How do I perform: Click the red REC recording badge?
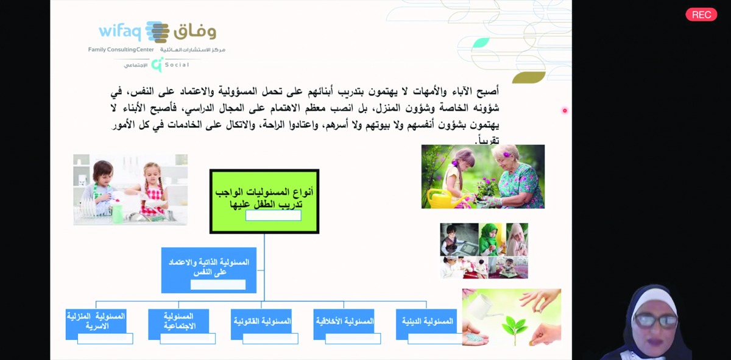(701, 15)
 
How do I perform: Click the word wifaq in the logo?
(120, 31)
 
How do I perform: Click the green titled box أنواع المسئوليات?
(264, 201)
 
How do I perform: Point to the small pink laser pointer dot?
(565, 110)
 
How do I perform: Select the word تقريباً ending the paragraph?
(487, 140)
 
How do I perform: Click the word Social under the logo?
(177, 65)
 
